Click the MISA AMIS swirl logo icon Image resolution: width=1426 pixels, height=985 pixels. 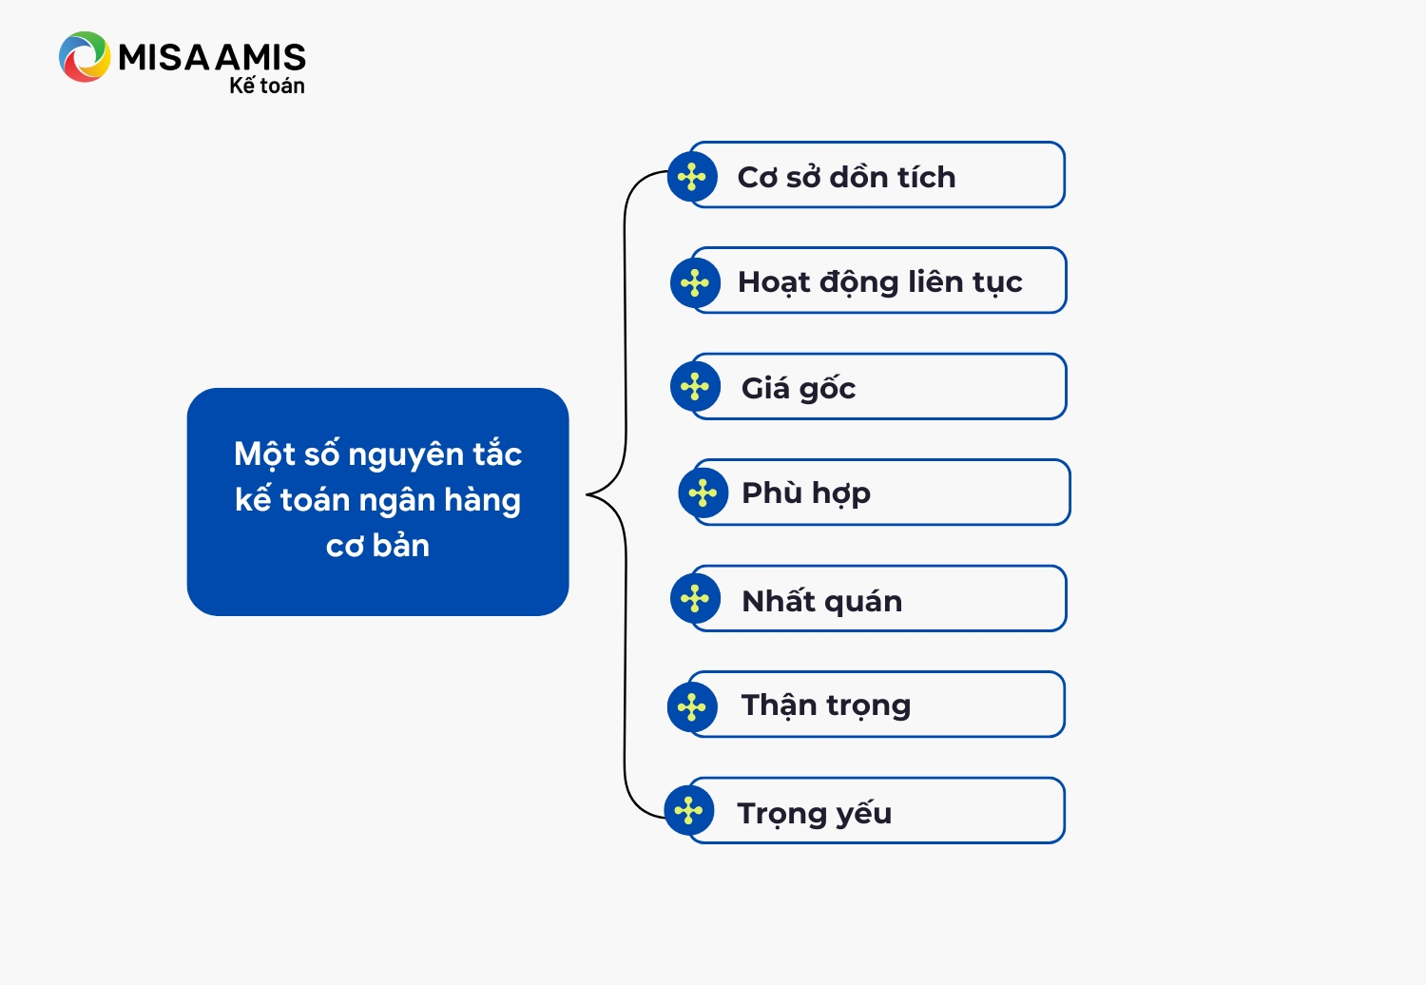[x=84, y=57]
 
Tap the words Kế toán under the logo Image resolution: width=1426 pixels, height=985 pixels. [x=267, y=85]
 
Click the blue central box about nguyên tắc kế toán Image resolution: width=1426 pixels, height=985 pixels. [x=377, y=502]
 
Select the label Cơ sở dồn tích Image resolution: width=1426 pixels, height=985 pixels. [x=846, y=177]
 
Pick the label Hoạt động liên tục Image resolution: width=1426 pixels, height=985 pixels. [x=879, y=282]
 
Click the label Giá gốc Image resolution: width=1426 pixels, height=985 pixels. [x=799, y=389]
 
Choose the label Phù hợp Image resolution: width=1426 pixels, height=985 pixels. [x=806, y=493]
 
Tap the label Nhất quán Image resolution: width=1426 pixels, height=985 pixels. [x=822, y=601]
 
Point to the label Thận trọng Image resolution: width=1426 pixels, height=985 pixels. [x=826, y=706]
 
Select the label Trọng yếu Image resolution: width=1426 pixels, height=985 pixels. [x=814, y=814]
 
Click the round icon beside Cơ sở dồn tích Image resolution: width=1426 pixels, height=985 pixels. [x=692, y=177]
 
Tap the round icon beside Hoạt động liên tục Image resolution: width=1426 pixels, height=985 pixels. [x=695, y=282]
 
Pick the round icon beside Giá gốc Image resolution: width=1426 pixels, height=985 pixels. [x=695, y=386]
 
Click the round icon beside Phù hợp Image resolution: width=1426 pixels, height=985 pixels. [x=703, y=492]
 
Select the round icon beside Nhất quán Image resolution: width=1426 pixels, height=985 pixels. [x=695, y=599]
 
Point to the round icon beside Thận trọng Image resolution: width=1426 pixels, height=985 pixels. [x=692, y=706]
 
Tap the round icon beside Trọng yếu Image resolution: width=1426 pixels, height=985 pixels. [x=689, y=811]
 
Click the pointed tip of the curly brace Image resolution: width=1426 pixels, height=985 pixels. [x=587, y=494]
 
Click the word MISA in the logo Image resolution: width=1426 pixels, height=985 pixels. [x=164, y=57]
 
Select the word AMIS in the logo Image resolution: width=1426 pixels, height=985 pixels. [x=260, y=57]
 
